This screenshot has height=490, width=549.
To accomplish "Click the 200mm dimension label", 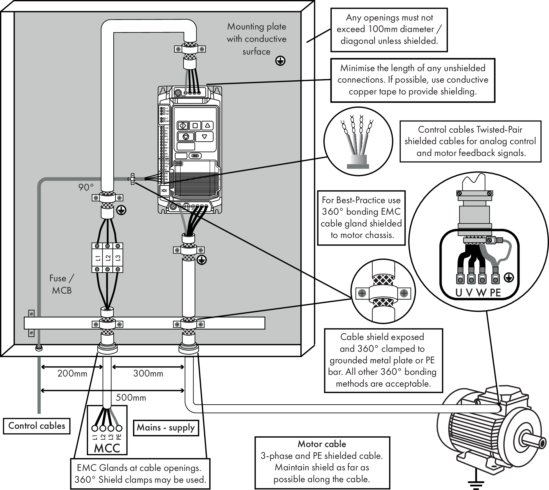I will (72, 373).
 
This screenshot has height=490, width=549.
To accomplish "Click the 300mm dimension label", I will (148, 373).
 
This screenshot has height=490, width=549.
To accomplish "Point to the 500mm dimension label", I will (131, 398).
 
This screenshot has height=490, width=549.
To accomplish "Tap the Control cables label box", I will (37, 426).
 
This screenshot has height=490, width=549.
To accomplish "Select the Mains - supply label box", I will (166, 428).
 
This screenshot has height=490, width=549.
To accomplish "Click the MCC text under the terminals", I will (107, 448).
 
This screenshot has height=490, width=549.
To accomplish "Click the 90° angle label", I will (86, 187).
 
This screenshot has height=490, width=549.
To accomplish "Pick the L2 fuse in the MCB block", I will (107, 258).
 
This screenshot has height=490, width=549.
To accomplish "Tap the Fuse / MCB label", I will (62, 284).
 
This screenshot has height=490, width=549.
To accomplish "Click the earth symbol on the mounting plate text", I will (280, 61).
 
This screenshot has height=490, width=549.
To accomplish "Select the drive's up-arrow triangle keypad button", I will (207, 125).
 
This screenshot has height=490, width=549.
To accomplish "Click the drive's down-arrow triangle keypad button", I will (204, 137).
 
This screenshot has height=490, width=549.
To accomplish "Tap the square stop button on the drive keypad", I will (195, 125).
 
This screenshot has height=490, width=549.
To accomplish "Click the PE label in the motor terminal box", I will (495, 293).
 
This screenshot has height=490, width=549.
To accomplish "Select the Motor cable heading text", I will (322, 444).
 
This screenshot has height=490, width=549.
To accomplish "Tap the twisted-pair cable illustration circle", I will (358, 141).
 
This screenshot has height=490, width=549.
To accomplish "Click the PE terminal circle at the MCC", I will (119, 428).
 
